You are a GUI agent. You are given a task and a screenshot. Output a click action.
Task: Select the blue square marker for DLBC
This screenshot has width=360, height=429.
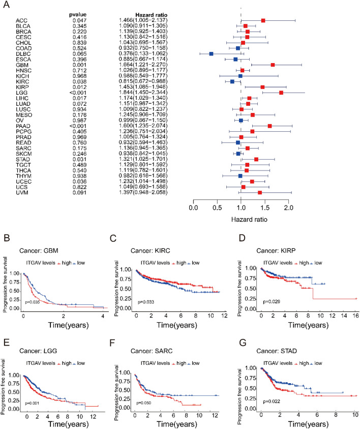(211, 53)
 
